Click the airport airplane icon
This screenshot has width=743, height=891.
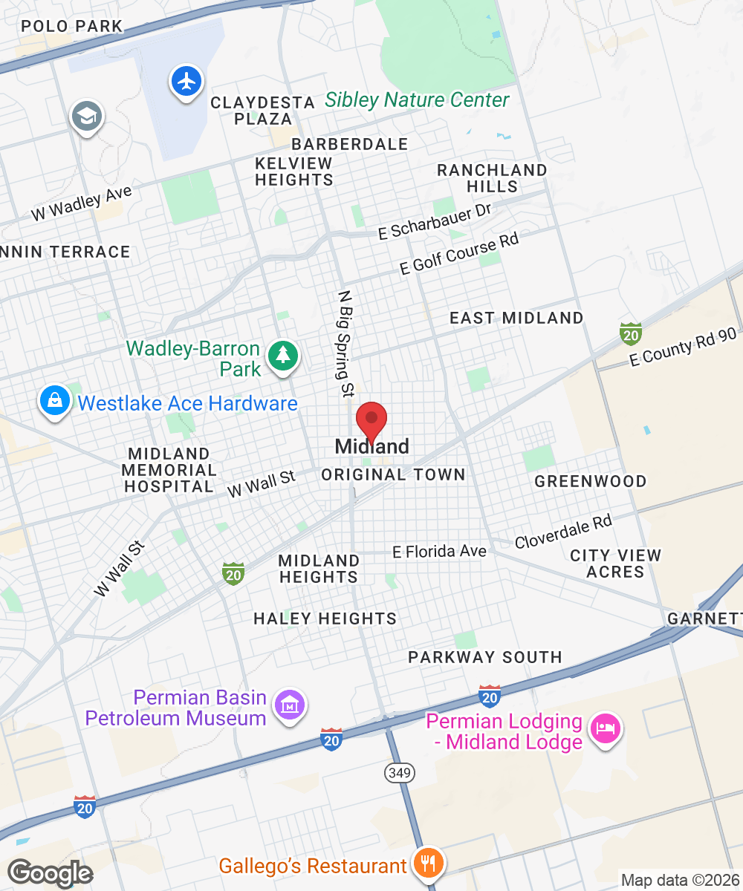tap(186, 80)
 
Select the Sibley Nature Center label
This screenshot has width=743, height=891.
tap(418, 100)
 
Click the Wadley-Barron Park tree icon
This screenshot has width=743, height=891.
tap(283, 355)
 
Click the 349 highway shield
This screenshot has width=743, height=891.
tap(399, 772)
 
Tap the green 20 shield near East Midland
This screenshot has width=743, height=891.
tap(631, 333)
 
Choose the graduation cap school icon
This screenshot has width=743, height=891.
tap(87, 116)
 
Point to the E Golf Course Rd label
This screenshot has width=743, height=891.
tap(458, 253)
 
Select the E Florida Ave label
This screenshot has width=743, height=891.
tap(439, 552)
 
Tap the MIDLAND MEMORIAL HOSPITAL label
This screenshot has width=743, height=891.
tap(169, 470)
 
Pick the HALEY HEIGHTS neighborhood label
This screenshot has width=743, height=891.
tap(325, 619)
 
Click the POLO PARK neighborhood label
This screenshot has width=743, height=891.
tap(71, 27)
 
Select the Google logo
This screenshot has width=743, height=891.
tap(50, 872)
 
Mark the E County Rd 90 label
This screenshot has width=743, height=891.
tap(683, 347)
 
